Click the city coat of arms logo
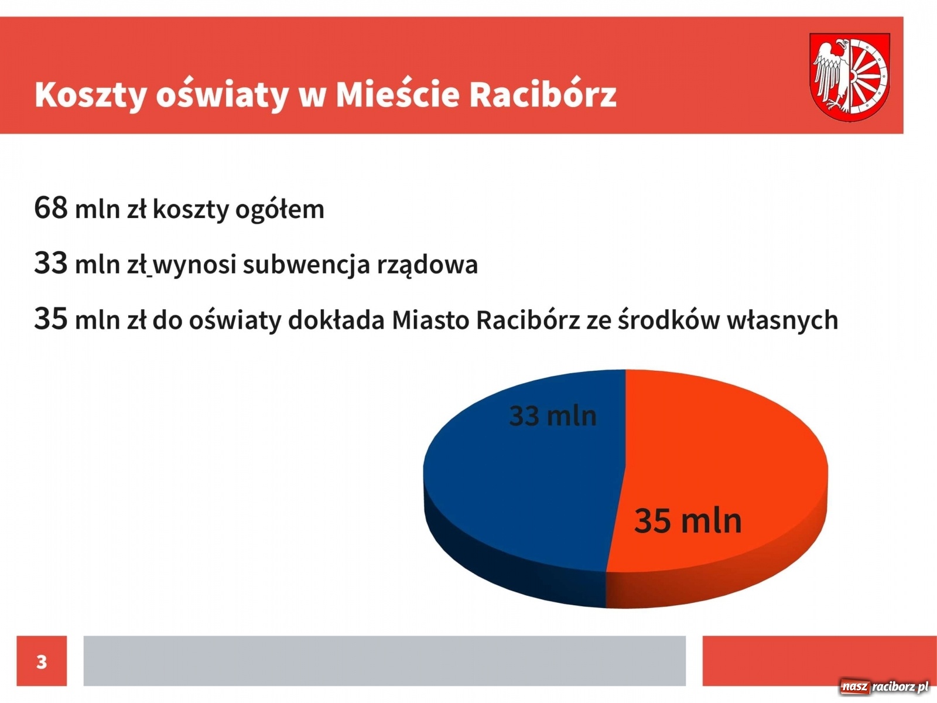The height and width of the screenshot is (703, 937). pos(849,77)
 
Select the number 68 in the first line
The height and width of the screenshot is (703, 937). pos(51,207)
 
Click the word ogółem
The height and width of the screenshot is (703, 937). pos(279,210)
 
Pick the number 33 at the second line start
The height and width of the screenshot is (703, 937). pos(51,263)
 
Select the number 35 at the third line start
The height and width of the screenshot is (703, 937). pos(51,319)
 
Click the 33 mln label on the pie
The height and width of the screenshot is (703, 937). pos(553,416)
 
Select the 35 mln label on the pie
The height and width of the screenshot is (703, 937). pos(688,521)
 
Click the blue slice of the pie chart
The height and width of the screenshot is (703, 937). pos(515,486)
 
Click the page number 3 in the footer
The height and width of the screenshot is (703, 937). pos(42,661)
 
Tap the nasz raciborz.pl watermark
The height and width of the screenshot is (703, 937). pos(884,687)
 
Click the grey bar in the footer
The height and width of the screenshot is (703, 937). pos(384,661)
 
